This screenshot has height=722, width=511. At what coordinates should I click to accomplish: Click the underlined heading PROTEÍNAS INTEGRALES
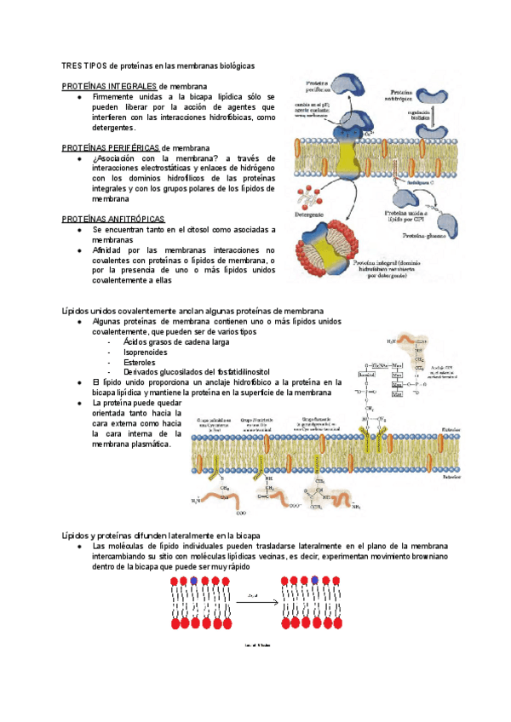pos(109,87)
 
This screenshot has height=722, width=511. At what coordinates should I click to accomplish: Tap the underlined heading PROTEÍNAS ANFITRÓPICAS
pos(113,219)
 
